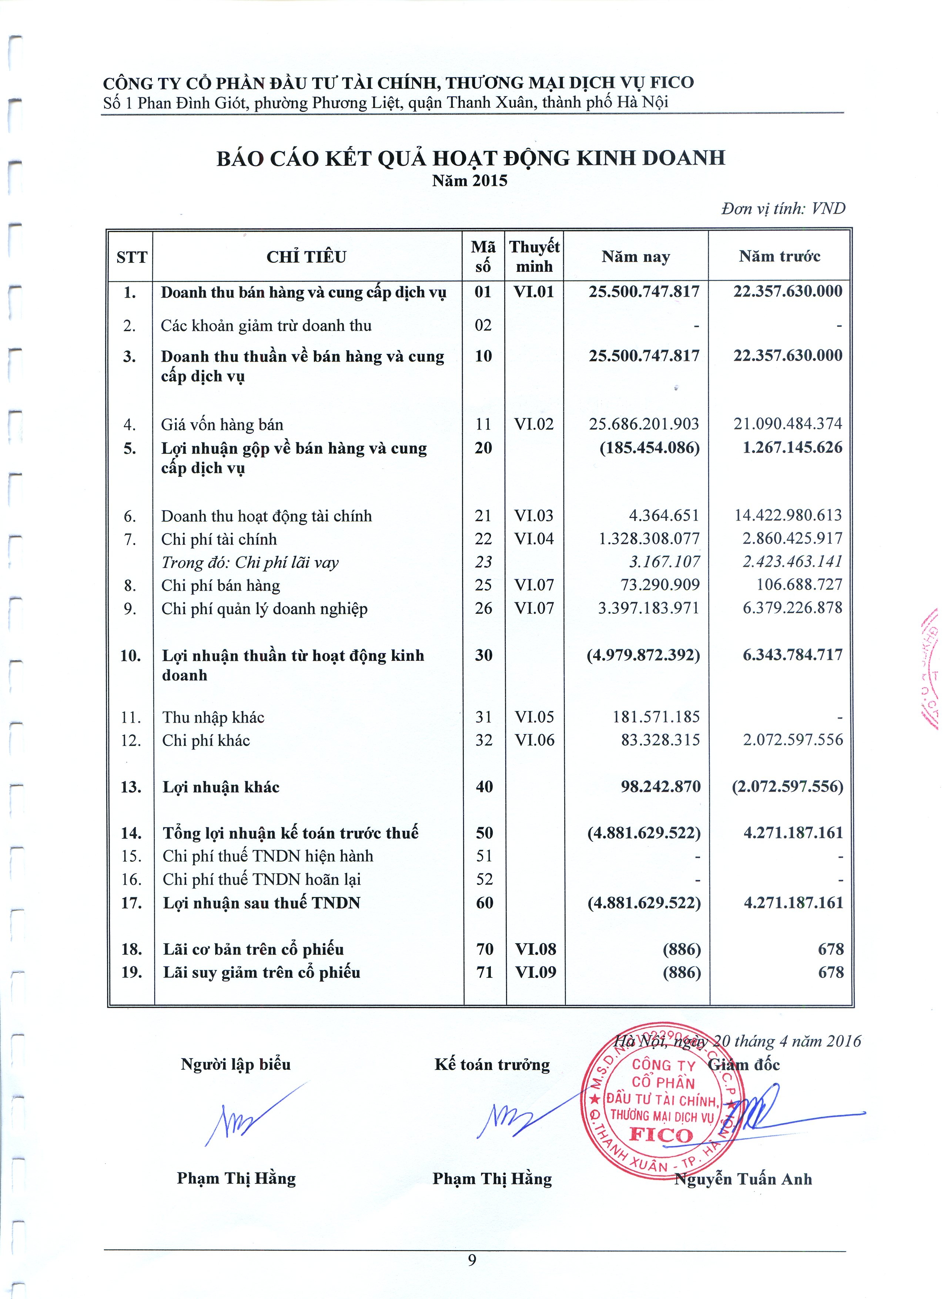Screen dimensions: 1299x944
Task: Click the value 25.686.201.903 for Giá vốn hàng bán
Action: tap(644, 424)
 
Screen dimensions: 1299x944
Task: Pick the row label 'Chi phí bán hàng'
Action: tap(221, 585)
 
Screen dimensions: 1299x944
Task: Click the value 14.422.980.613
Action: tap(788, 515)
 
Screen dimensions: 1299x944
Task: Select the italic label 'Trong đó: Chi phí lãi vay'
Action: tap(250, 562)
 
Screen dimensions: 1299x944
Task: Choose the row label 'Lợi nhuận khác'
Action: tap(221, 787)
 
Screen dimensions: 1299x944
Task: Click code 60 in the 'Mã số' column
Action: tap(485, 903)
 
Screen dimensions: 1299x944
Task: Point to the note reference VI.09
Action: tap(535, 972)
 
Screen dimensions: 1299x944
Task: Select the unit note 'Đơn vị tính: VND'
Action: tap(783, 208)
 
